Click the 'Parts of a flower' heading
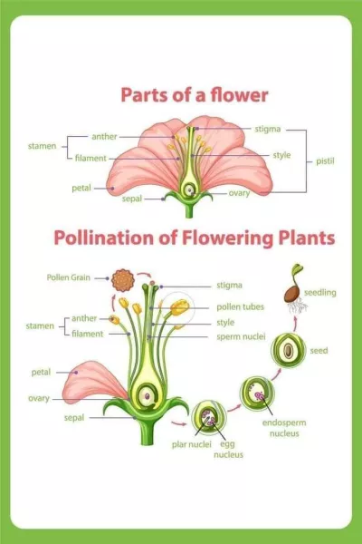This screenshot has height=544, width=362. coord(195,95)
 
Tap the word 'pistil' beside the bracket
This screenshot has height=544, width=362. coord(325,161)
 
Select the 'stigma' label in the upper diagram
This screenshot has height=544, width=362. coord(268,129)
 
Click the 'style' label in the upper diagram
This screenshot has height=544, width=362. coord(281,155)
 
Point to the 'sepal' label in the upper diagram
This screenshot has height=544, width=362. coord(132,199)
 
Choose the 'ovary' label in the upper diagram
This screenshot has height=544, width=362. coord(239,193)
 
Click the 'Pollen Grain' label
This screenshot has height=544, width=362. coord(68,277)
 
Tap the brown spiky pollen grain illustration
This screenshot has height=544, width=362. coord(123,280)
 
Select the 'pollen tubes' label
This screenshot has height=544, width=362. coord(240,307)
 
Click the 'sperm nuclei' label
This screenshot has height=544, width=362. coord(241,336)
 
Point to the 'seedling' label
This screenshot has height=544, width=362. coord(320,293)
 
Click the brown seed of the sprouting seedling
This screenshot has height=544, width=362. coord(292,294)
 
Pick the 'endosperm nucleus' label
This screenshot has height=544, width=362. coord(284,428)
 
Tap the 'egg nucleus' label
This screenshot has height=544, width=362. coord(228,450)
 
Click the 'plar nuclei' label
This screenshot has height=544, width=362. coord(192,444)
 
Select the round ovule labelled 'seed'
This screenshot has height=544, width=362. coord(288,350)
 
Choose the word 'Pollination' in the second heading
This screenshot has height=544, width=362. coord(104,238)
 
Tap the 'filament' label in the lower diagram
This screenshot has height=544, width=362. coord(87,334)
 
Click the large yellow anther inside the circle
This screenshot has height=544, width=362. coord(180,307)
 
